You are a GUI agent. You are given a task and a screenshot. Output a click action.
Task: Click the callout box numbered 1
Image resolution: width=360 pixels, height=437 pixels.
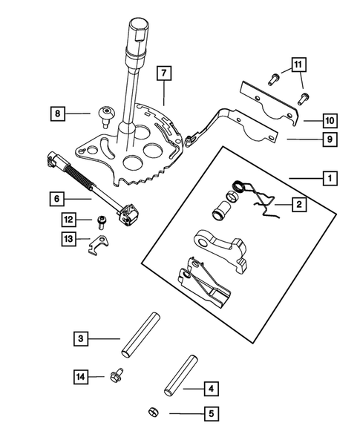click(x=327, y=178)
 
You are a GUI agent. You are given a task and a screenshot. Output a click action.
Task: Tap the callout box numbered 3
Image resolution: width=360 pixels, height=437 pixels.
click(x=82, y=339)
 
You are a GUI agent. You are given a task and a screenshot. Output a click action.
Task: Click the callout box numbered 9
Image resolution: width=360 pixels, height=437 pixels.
click(x=327, y=138)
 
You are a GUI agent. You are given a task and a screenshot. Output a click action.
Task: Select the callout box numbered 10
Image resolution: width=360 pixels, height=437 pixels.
click(x=327, y=118)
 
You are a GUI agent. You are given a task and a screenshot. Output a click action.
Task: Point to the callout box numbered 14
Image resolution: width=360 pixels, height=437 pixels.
click(x=82, y=378)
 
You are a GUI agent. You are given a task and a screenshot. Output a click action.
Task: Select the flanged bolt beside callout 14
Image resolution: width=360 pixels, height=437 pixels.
click(x=117, y=377)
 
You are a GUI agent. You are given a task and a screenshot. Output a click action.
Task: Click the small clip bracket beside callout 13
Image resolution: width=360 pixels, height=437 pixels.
click(x=99, y=247)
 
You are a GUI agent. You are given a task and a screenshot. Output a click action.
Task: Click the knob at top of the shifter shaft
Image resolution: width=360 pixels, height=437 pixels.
click(x=138, y=33)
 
